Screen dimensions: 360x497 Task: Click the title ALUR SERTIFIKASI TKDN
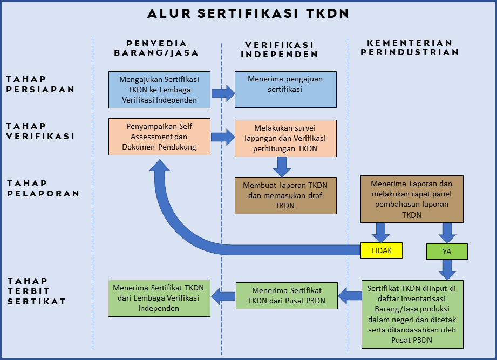click(248, 13)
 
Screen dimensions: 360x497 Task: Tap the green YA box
click(447, 252)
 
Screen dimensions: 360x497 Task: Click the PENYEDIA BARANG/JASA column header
click(156, 48)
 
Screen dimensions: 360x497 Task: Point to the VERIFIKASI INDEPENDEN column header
click(279, 50)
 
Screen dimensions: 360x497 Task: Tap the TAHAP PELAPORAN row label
click(43, 188)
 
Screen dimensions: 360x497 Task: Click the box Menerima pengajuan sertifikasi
click(285, 90)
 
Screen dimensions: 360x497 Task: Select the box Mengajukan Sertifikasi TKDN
click(159, 90)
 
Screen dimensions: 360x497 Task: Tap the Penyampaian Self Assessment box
click(159, 137)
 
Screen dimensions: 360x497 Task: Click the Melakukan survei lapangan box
click(285, 138)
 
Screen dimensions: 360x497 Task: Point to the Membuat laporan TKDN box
click(285, 195)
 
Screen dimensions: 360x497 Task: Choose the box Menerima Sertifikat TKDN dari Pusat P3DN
click(287, 295)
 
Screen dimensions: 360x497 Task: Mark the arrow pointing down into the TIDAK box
click(382, 233)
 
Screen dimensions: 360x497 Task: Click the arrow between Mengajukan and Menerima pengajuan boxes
click(222, 93)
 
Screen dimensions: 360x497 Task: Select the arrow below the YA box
click(447, 269)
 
